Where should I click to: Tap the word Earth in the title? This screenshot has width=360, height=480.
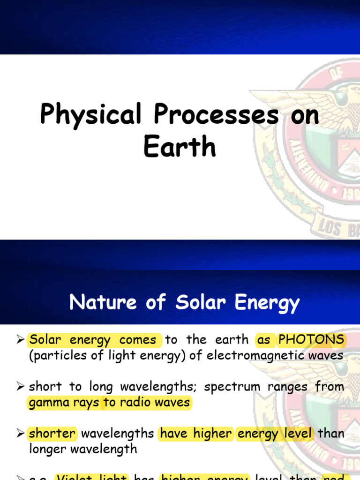click(180, 147)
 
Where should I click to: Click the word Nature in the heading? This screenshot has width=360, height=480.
click(100, 303)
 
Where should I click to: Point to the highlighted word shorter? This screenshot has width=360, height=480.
click(52, 434)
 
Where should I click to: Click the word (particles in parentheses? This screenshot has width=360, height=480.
click(55, 356)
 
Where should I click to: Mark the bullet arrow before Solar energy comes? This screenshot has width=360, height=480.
click(20, 339)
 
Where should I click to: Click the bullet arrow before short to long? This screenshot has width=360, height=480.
click(20, 387)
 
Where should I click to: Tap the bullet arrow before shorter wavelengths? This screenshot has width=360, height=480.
click(20, 434)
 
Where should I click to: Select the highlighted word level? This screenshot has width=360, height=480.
click(298, 434)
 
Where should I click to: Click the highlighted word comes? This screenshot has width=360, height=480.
click(138, 339)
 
